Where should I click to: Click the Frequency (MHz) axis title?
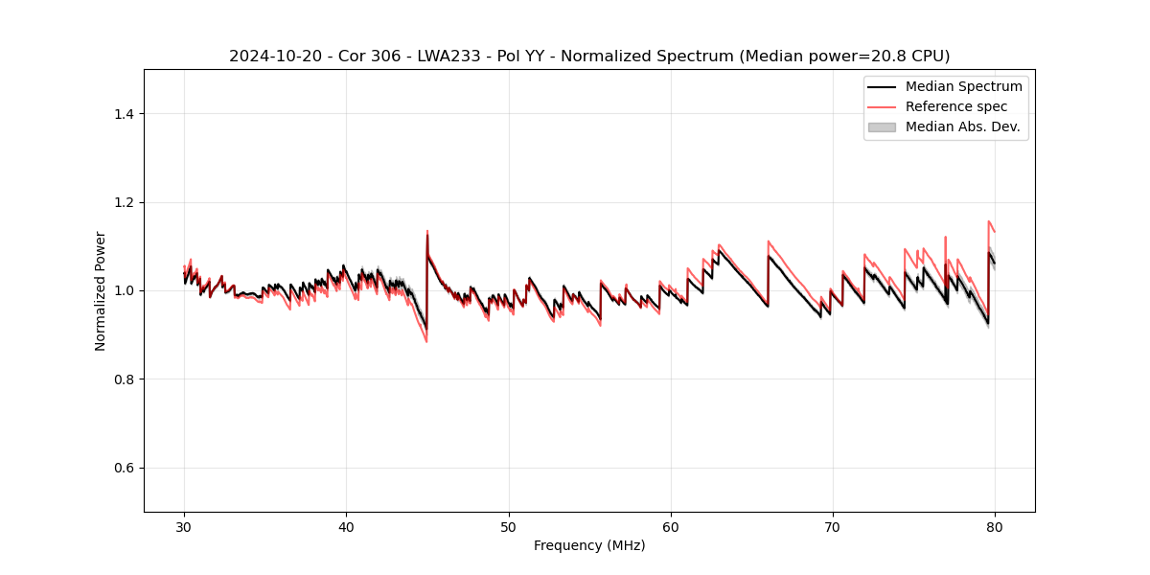[589, 545]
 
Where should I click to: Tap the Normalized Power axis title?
[100, 290]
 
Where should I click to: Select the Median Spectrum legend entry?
[963, 86]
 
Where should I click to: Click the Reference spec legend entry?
[956, 106]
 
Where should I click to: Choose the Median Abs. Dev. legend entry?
[962, 126]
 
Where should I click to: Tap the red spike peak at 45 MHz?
[427, 231]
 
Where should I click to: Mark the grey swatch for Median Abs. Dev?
[882, 126]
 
